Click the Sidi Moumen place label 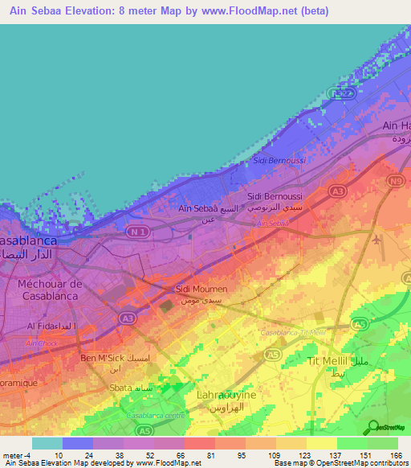click(x=201, y=289)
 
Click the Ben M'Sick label click(x=100, y=358)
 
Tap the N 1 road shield click(x=140, y=233)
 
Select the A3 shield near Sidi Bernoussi click(x=338, y=191)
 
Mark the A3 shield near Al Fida click(x=125, y=318)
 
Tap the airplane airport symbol click(x=378, y=239)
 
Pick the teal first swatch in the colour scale click(x=47, y=444)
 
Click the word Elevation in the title click(x=92, y=11)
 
